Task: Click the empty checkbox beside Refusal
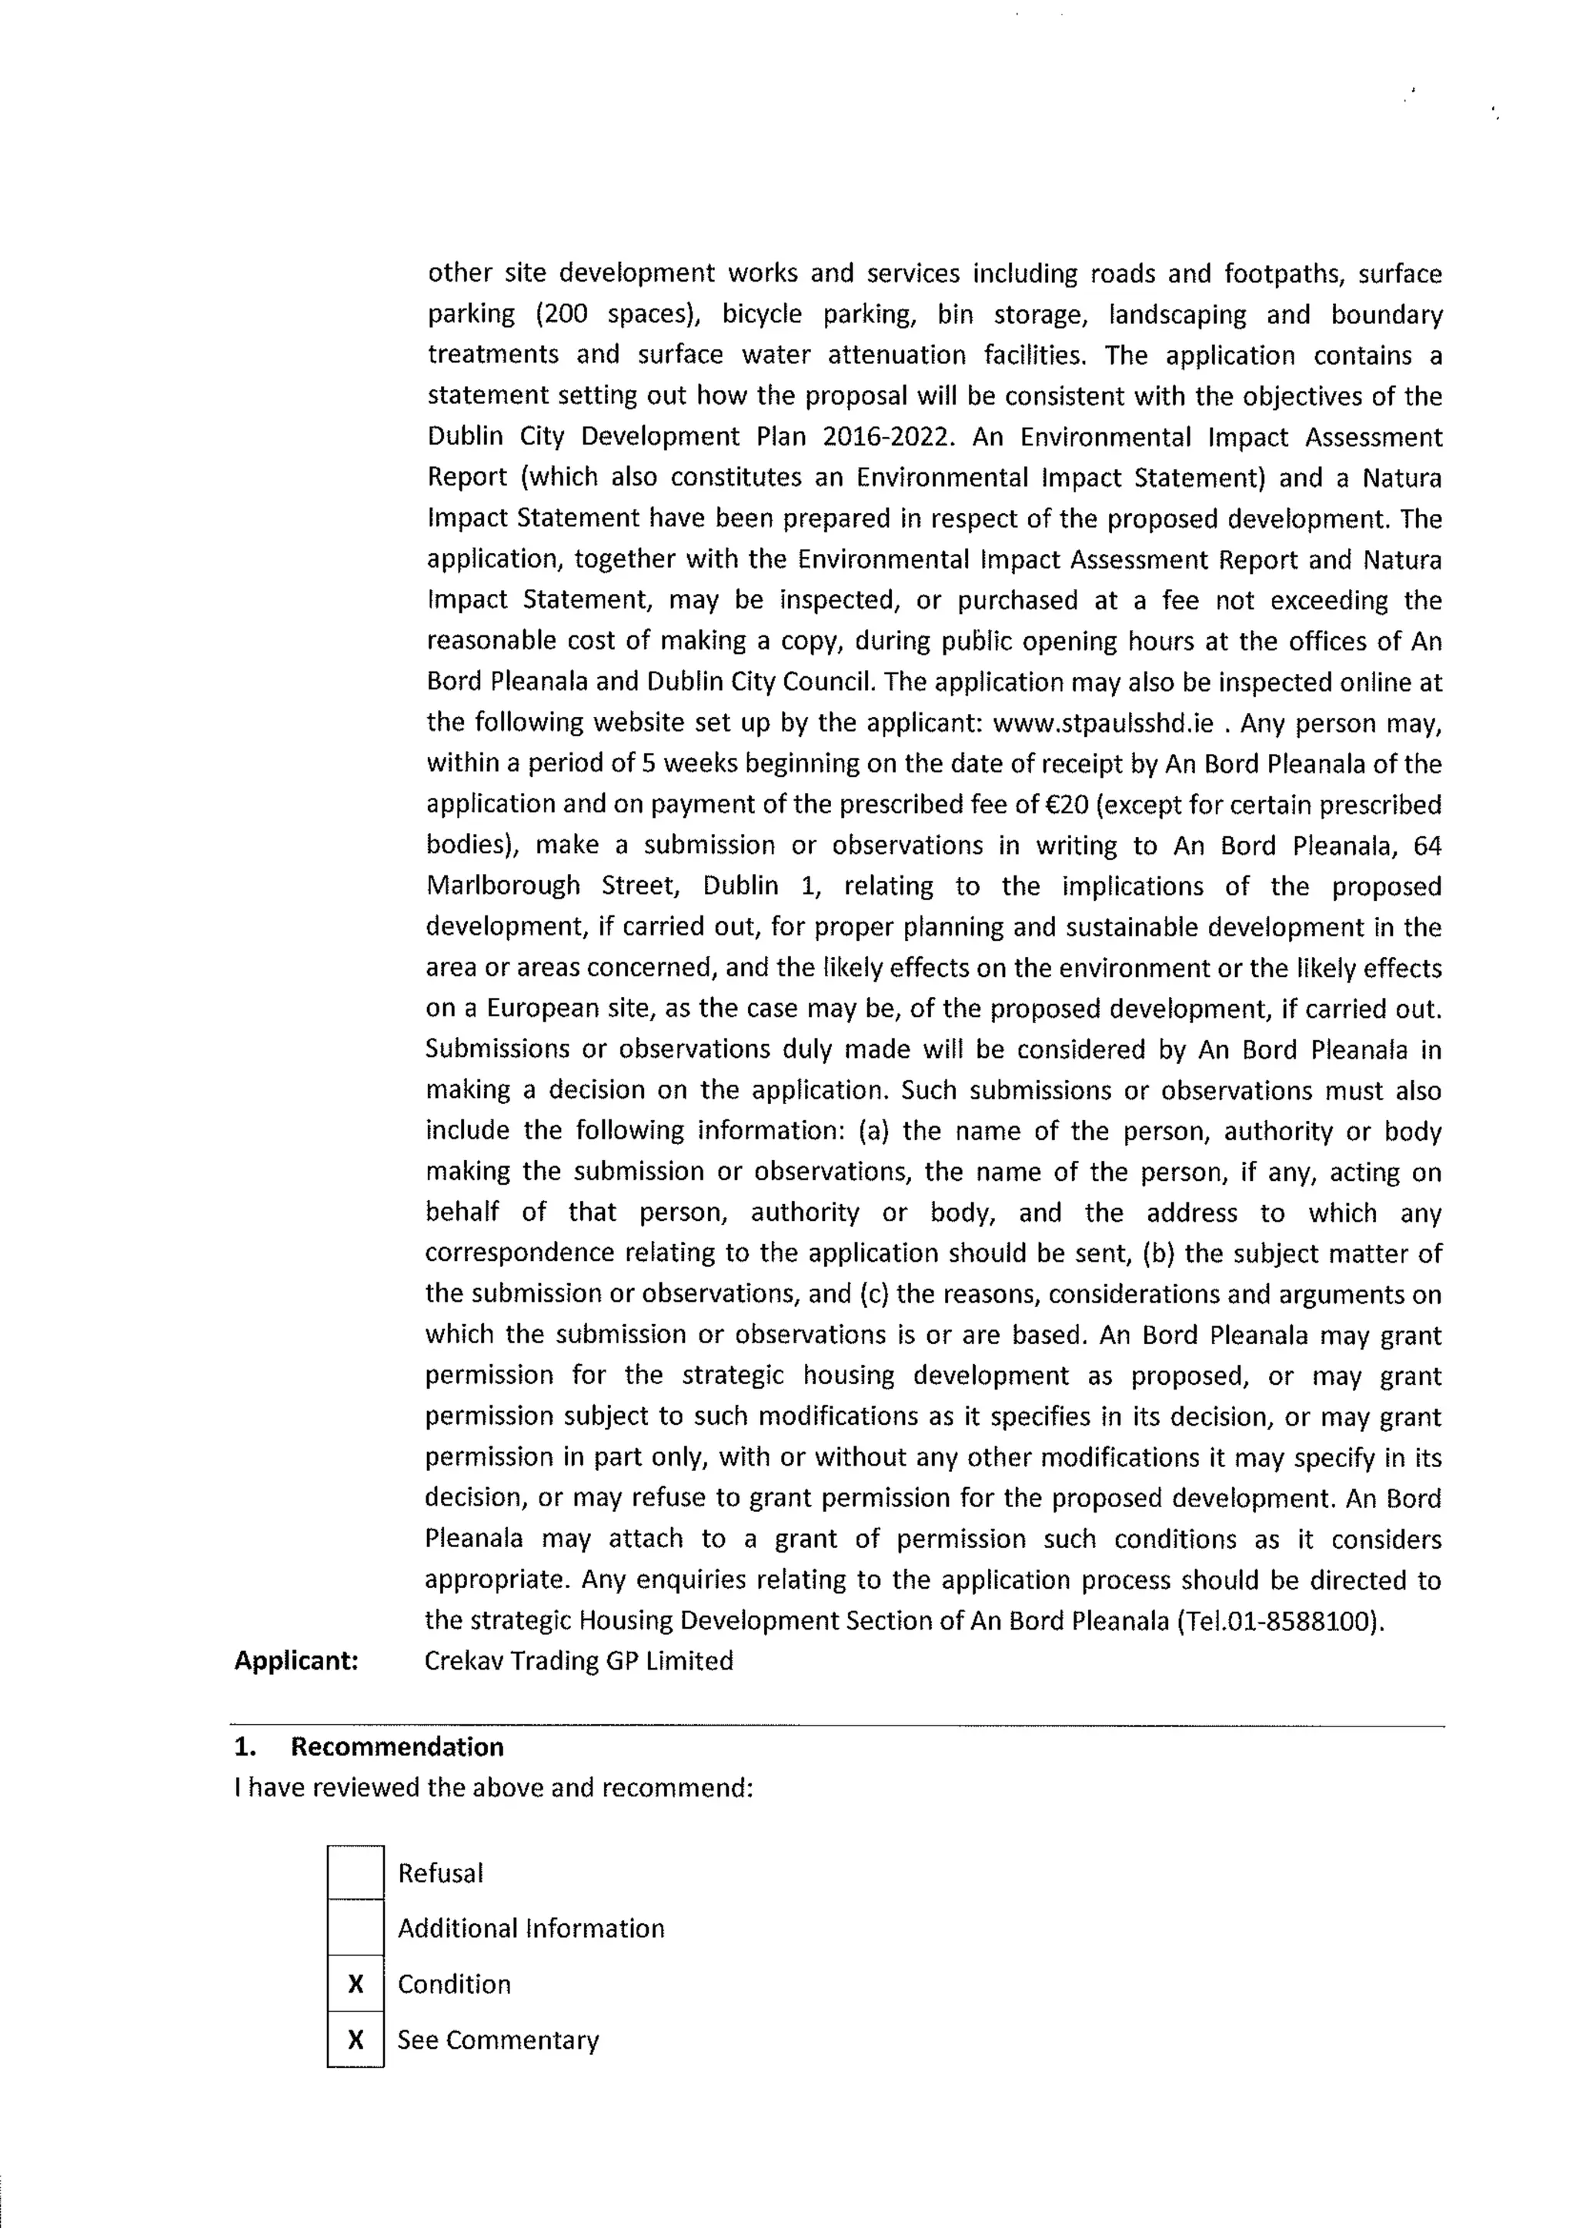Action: [x=356, y=1872]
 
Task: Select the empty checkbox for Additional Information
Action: [x=356, y=1927]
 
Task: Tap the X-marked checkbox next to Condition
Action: [x=356, y=1983]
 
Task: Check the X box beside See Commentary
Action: [x=356, y=2039]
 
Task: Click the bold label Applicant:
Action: [x=296, y=1660]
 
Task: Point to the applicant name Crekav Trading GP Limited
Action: [x=579, y=1660]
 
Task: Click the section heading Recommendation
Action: [x=397, y=1746]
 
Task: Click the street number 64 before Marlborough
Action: [x=1427, y=846]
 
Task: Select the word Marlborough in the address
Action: [x=503, y=886]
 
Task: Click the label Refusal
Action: [x=439, y=1873]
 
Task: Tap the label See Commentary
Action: [x=498, y=2040]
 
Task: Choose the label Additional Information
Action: [x=531, y=1928]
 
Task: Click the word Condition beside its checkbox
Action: [x=454, y=1984]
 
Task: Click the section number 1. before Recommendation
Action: [x=245, y=1746]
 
